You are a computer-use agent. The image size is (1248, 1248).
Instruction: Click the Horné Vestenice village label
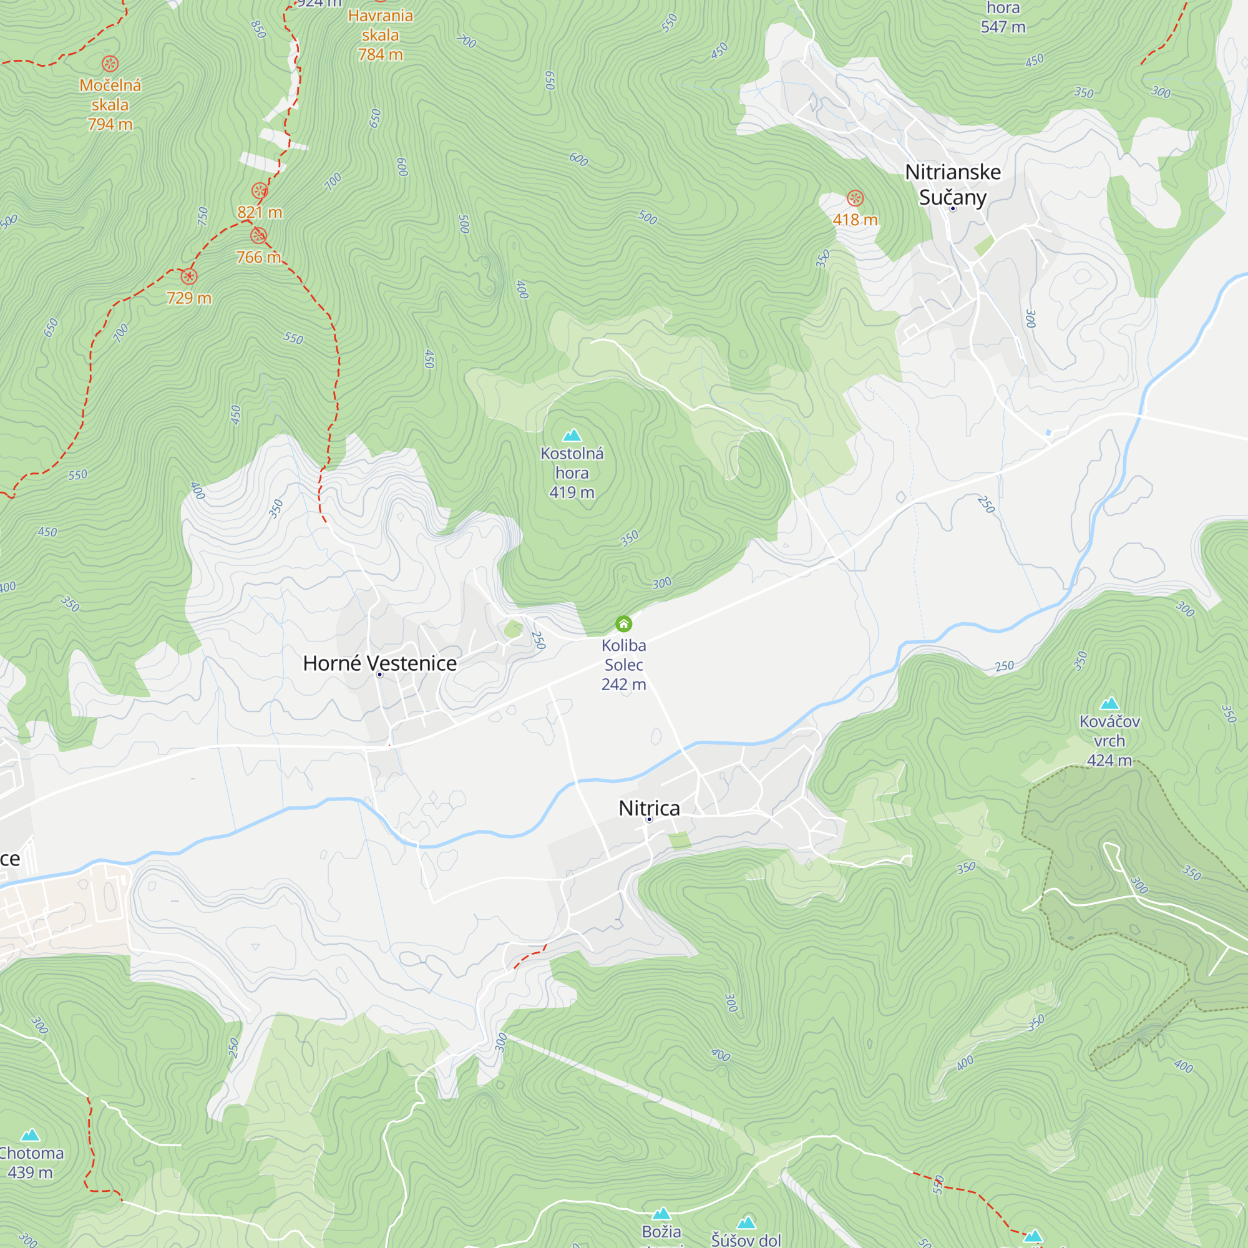point(380,663)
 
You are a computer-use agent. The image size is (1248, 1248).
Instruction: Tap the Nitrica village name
point(649,808)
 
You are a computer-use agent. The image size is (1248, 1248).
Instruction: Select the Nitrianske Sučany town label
point(953,184)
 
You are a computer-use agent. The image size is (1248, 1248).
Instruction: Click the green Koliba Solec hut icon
point(623,624)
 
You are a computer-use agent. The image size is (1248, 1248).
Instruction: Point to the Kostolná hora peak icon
point(572,436)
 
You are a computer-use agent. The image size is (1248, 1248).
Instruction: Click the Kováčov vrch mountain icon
point(1109,703)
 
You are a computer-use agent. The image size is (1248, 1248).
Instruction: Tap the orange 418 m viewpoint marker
point(856,198)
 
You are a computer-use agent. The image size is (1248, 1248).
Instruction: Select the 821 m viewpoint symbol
point(260,190)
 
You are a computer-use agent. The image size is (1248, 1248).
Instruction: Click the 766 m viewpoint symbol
point(258,236)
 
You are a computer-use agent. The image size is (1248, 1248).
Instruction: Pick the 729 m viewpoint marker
point(188,277)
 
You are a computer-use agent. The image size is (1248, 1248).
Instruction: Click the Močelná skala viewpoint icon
point(110,63)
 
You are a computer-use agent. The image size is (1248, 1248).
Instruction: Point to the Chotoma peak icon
point(31,1136)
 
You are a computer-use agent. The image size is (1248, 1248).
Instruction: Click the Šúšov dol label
point(746,1240)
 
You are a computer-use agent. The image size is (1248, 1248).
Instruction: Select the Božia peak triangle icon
point(661,1214)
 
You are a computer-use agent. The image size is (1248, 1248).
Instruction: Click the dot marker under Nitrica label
point(649,820)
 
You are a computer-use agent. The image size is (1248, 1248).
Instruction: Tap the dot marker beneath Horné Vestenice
point(380,675)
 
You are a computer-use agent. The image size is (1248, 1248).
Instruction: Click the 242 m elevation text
point(623,685)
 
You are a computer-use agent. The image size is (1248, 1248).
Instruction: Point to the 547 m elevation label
point(1003,27)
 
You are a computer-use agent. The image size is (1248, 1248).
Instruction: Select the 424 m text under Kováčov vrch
point(1109,760)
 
